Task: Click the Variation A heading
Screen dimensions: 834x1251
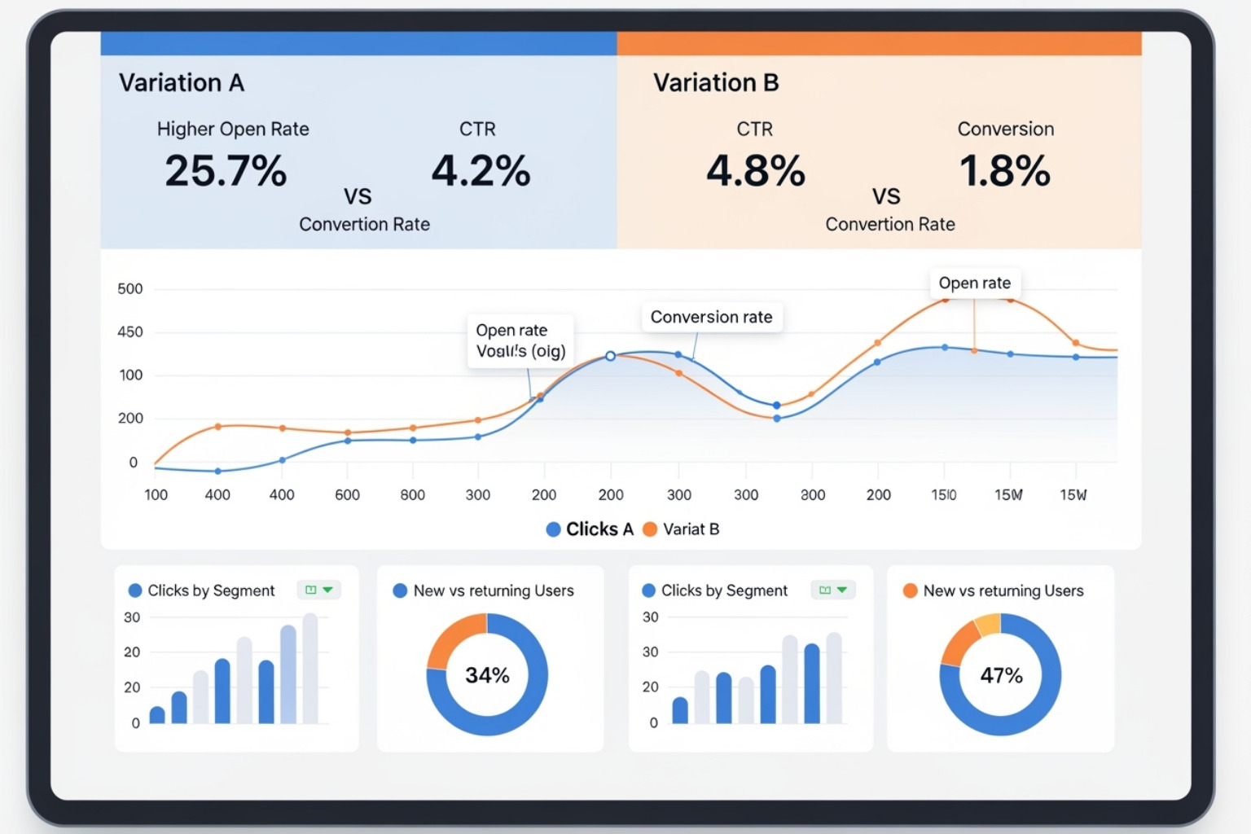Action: (x=181, y=83)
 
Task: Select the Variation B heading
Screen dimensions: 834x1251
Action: (x=715, y=83)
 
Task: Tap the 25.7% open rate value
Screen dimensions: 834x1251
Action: (x=226, y=171)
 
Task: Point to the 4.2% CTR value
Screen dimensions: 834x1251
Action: (x=481, y=171)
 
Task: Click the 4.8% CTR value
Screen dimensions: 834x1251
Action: (x=755, y=171)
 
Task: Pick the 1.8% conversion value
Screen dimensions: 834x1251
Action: (x=1005, y=171)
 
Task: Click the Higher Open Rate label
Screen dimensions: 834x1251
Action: (x=233, y=129)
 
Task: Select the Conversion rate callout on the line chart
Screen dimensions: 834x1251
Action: (x=711, y=317)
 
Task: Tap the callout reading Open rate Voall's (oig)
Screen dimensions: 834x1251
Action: (x=520, y=340)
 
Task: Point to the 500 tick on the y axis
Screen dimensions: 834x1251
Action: (x=130, y=289)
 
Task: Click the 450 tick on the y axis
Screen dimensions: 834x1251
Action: (x=130, y=332)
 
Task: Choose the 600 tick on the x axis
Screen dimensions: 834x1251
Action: (x=347, y=495)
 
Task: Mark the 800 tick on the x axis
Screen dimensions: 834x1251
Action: (x=412, y=495)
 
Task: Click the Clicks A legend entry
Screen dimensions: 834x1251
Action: (x=590, y=529)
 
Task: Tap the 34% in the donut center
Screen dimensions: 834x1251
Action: (x=487, y=675)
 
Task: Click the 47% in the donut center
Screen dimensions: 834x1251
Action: (x=1001, y=675)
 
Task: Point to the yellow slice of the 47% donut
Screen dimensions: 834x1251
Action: (x=988, y=625)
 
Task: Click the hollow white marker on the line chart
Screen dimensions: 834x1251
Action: (x=610, y=356)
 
